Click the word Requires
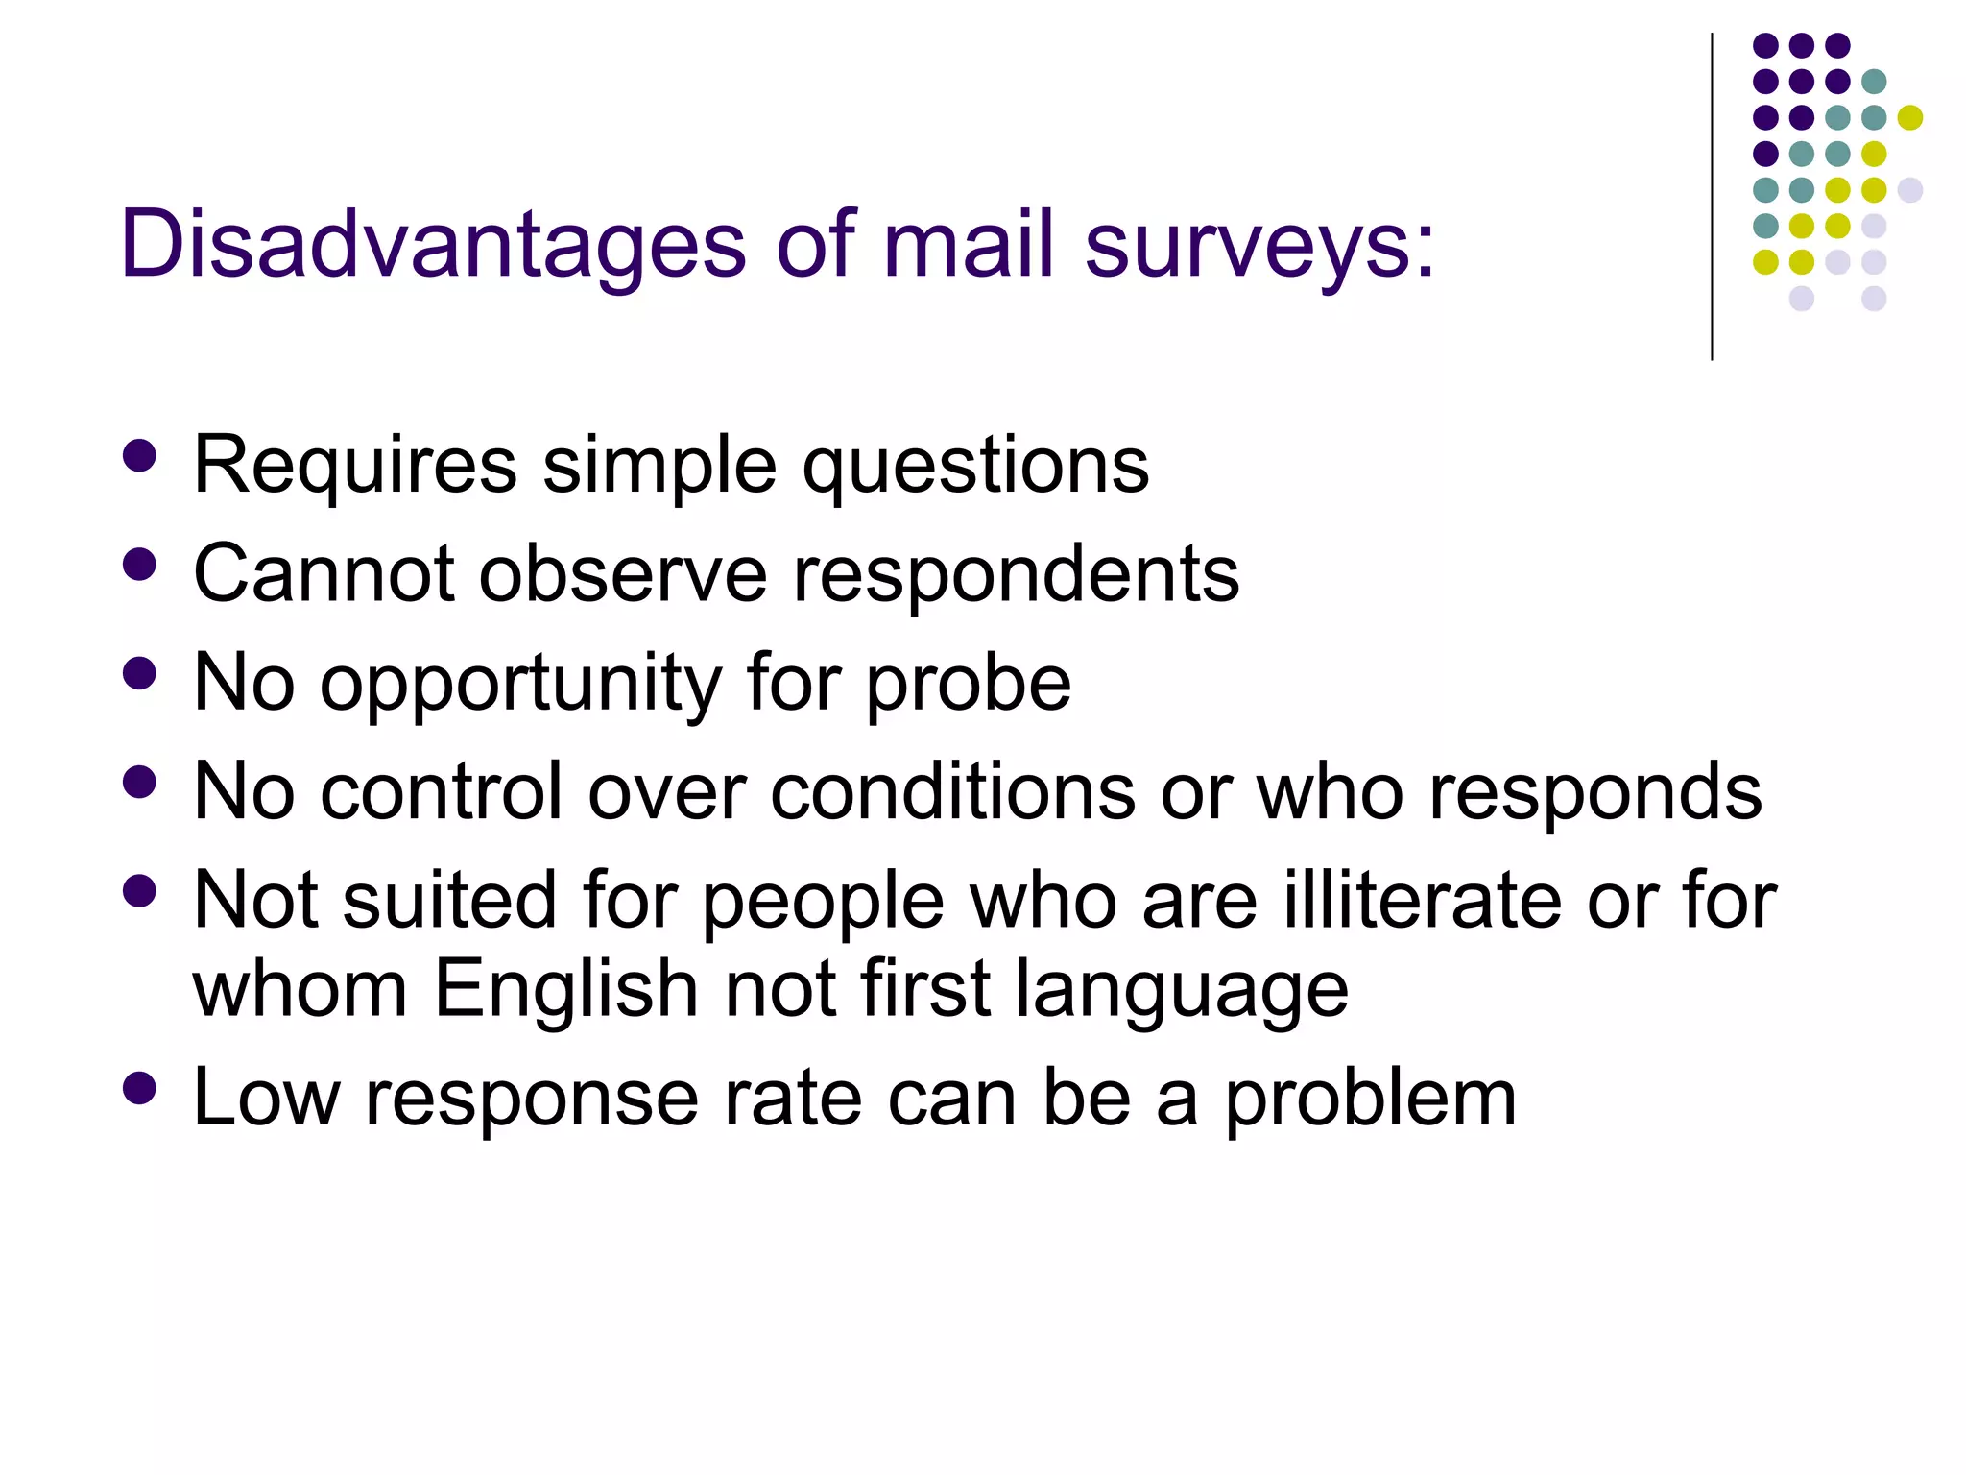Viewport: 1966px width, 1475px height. click(355, 467)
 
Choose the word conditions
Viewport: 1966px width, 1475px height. click(953, 792)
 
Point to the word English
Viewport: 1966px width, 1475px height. click(566, 990)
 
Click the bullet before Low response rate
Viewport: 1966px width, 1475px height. click(140, 1088)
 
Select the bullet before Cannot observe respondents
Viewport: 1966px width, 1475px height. click(140, 565)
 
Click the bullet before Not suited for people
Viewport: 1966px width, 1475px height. click(140, 890)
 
